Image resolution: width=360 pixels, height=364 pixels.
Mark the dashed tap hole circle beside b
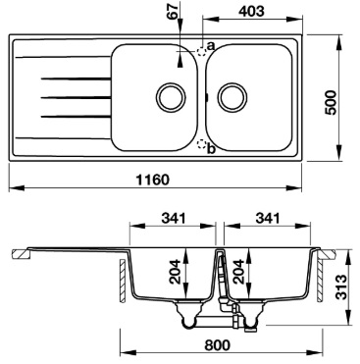(x=203, y=146)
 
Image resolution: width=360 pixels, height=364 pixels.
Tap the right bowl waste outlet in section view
(x=253, y=316)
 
